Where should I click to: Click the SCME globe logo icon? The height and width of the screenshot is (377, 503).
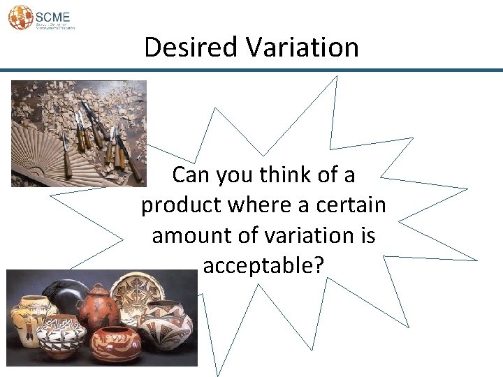coord(20,17)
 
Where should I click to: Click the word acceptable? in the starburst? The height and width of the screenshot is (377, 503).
coord(263,265)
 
